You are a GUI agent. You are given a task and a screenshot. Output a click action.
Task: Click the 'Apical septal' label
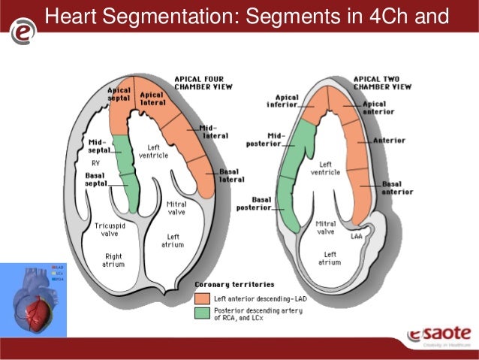pyautogui.click(x=119, y=95)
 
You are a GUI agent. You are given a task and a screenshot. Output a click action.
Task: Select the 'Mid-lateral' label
pyautogui.click(x=215, y=131)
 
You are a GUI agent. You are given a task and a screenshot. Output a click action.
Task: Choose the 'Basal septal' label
pyautogui.click(x=95, y=178)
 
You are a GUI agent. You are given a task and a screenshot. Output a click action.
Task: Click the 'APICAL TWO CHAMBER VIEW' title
pyautogui.click(x=382, y=82)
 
